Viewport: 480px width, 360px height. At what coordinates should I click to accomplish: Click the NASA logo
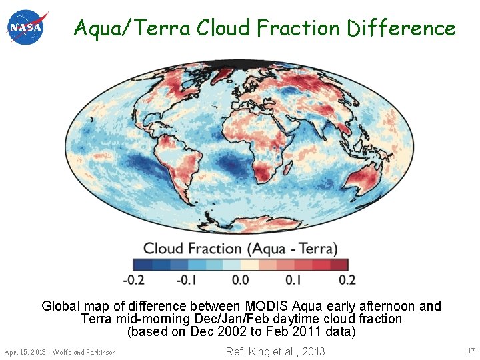tap(27, 27)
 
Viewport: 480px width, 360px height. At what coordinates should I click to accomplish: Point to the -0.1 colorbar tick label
tap(187, 280)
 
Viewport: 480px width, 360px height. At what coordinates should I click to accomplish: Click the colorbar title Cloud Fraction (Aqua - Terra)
tap(240, 249)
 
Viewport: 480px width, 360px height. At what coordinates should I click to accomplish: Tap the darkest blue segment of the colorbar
tap(142, 265)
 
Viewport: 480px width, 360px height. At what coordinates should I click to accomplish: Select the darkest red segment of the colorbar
tap(339, 265)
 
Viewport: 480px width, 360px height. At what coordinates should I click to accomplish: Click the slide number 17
tap(471, 351)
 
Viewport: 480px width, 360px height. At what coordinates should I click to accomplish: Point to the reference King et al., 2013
tap(275, 351)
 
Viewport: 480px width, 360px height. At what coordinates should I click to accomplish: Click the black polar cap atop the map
tap(240, 65)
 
